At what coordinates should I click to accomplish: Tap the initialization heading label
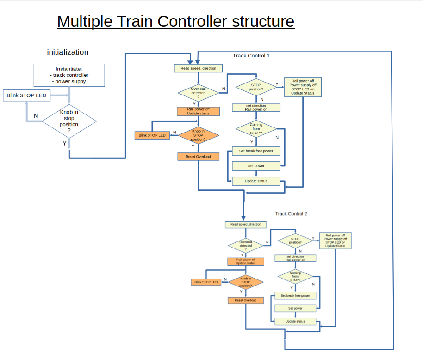[x=68, y=52]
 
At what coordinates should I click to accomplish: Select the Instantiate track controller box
[x=69, y=75]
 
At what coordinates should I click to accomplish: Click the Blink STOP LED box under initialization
[x=26, y=95]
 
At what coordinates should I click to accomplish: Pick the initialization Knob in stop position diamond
[x=69, y=121]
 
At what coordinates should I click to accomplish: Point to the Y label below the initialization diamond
[x=65, y=143]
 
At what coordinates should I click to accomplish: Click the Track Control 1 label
[x=251, y=56]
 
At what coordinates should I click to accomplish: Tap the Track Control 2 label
[x=291, y=214]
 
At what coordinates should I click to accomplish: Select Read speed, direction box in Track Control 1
[x=198, y=68]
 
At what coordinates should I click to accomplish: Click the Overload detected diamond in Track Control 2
[x=246, y=244]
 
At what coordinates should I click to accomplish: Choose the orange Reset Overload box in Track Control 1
[x=198, y=157]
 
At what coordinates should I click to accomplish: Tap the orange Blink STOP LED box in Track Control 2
[x=206, y=282]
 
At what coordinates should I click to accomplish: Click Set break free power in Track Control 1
[x=256, y=151]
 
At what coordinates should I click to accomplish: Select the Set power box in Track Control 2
[x=295, y=308]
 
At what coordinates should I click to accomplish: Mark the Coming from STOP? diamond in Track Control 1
[x=256, y=129]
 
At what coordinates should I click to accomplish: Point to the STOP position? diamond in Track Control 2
[x=295, y=241]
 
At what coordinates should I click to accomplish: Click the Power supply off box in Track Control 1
[x=303, y=87]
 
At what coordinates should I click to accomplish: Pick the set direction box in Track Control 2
[x=295, y=258]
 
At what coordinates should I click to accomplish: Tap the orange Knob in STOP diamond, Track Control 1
[x=198, y=135]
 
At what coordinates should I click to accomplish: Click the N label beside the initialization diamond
[x=36, y=115]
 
